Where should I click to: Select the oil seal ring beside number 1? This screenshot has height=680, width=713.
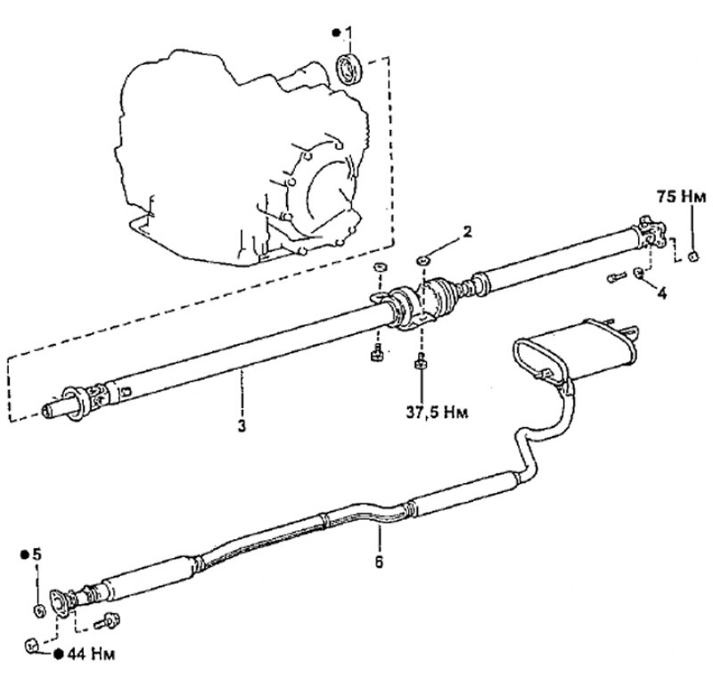[x=348, y=70]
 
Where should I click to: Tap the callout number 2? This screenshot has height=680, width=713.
[x=466, y=233]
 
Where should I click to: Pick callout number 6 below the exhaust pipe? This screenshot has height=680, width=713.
[x=380, y=561]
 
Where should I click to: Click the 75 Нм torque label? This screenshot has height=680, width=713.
[x=681, y=196]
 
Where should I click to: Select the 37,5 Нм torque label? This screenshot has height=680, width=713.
[x=437, y=412]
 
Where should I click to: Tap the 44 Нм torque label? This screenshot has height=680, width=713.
[x=91, y=654]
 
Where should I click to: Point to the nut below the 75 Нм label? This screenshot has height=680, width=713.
[x=693, y=257]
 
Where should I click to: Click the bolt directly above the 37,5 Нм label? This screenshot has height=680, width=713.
[x=421, y=361]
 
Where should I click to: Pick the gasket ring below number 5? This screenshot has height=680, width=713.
[x=38, y=610]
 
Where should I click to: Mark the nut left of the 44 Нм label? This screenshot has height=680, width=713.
[x=31, y=644]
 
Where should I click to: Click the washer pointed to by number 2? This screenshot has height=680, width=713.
[x=423, y=260]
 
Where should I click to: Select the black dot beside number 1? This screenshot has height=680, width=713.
[x=337, y=33]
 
